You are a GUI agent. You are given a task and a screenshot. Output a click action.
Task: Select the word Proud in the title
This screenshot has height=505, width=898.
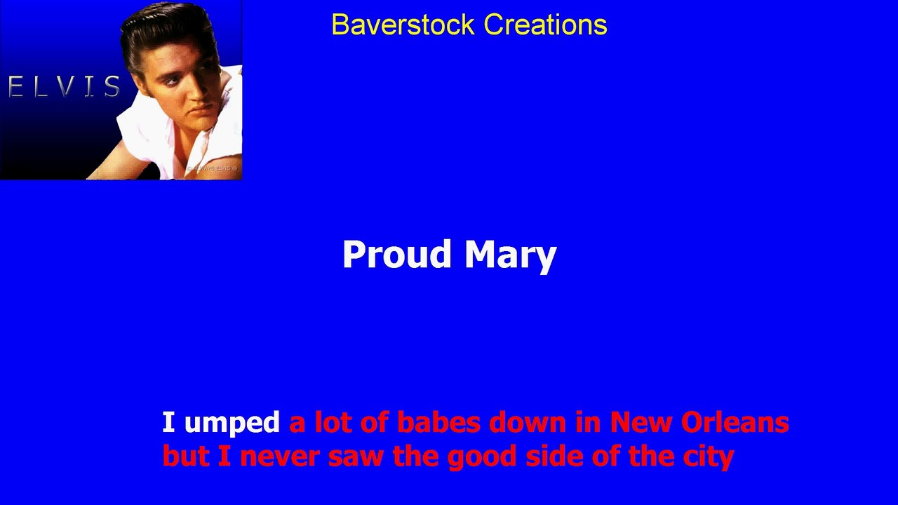point(396,254)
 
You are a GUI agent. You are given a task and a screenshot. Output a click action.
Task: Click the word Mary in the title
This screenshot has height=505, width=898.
point(510,255)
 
